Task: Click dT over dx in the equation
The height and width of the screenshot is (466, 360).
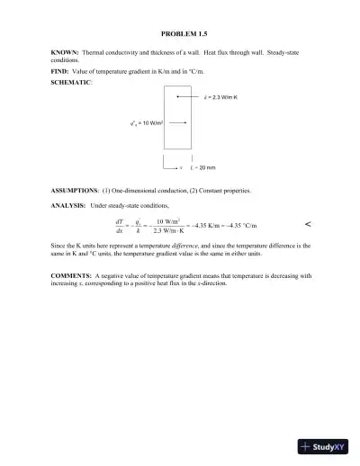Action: click(x=120, y=225)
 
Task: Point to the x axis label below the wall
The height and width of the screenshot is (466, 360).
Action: click(x=181, y=168)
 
